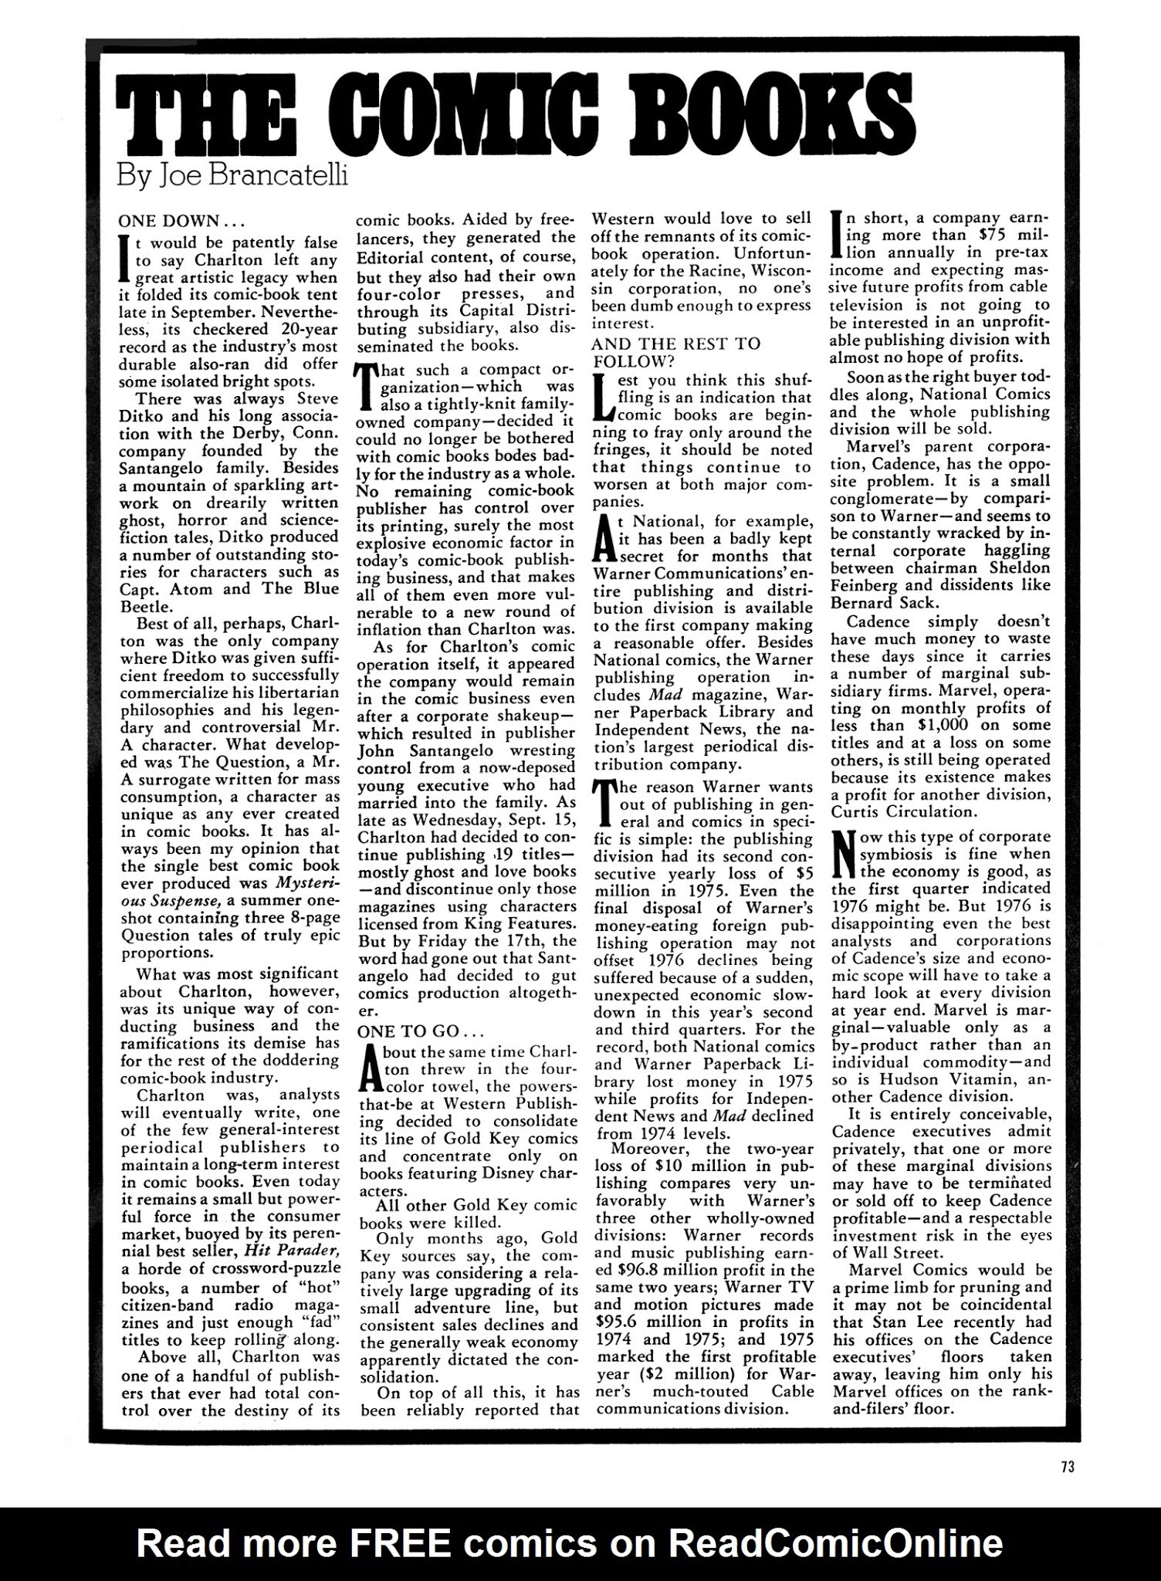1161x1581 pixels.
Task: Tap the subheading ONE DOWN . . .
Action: coord(169,220)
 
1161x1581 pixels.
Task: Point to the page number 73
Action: coord(1067,1468)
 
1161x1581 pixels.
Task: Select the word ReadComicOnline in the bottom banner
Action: coord(835,1543)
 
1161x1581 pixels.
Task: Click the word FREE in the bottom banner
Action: coord(399,1543)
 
